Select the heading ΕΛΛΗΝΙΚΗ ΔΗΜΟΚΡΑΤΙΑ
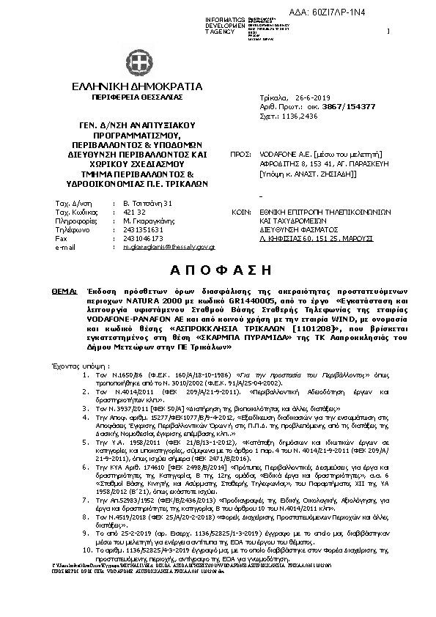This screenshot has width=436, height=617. [137, 87]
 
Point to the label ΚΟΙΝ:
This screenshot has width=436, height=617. [240, 210]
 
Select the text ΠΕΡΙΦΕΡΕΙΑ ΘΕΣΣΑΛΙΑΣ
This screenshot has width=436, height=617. [137, 97]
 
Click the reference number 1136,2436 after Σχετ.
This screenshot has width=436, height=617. [299, 116]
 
